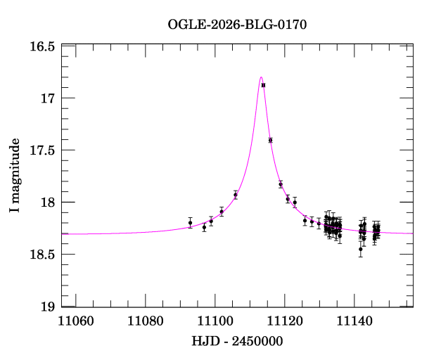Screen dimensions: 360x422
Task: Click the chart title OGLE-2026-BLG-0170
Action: point(237,25)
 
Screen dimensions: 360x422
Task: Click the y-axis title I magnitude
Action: point(15,175)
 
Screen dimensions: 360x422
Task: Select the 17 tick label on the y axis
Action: point(49,98)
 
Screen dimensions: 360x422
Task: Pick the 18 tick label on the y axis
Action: point(49,202)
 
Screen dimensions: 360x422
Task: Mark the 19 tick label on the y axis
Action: point(49,307)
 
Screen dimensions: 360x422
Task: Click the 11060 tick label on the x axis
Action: point(76,321)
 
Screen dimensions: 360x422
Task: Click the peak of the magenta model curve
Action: point(261,77)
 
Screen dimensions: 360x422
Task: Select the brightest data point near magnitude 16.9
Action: point(263,85)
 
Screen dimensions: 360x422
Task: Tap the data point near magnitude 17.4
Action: point(270,140)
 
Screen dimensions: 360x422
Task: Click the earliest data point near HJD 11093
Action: point(190,223)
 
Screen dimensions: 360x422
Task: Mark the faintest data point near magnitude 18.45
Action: point(361,249)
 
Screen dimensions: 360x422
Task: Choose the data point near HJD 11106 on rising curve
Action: point(236,195)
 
